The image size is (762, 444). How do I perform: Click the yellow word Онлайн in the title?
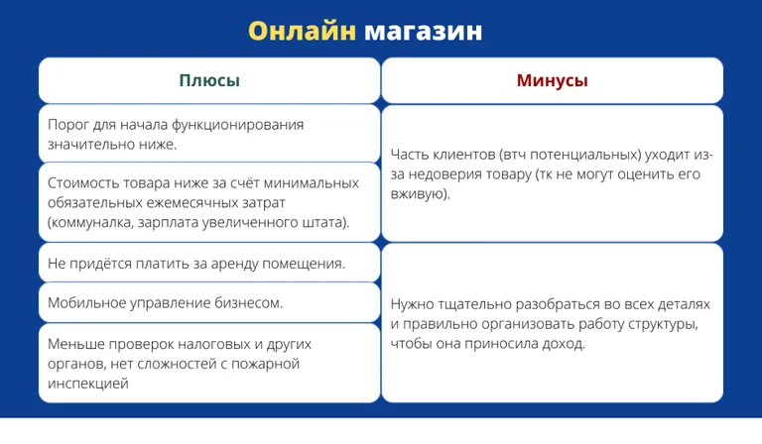(301, 31)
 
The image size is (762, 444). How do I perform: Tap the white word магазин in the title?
(423, 31)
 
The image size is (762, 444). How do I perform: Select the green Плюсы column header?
(208, 80)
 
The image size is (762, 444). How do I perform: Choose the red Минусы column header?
(552, 80)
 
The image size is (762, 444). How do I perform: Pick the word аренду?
(225, 264)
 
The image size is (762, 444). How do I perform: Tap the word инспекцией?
(88, 383)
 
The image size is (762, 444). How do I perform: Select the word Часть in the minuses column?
(412, 155)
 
